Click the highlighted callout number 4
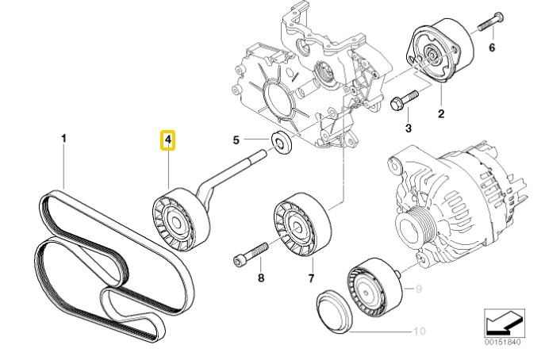click(x=168, y=141)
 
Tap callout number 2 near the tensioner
click(x=441, y=113)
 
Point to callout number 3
click(x=409, y=127)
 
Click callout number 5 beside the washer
click(x=236, y=141)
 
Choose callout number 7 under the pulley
click(x=312, y=278)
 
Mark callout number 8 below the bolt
click(x=259, y=278)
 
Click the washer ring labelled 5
click(x=280, y=144)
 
